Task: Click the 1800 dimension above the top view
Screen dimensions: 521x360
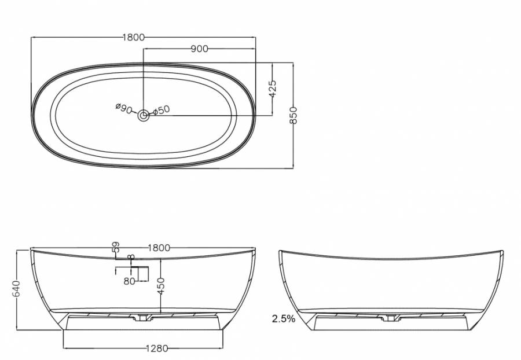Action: point(134,37)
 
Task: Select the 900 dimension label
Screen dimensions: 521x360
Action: point(199,49)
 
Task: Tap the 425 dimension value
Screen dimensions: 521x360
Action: point(272,89)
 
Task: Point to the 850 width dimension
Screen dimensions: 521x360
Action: point(293,115)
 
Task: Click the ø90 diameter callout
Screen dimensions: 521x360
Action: point(124,108)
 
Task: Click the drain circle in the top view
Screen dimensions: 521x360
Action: point(144,116)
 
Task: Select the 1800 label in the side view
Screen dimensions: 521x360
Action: point(159,248)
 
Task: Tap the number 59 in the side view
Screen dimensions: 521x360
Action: point(116,247)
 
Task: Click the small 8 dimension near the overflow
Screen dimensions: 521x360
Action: point(131,257)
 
